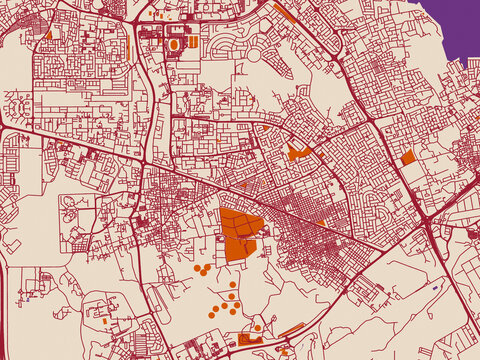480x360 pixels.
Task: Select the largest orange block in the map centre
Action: pyautogui.click(x=240, y=234)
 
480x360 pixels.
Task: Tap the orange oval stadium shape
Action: pyautogui.click(x=175, y=45)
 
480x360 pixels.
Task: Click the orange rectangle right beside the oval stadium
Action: pyautogui.click(x=192, y=43)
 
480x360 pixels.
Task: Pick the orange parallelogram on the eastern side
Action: pyautogui.click(x=408, y=157)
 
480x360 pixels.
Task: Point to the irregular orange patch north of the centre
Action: pyautogui.click(x=296, y=153)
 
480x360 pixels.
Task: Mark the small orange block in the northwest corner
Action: pyautogui.click(x=48, y=34)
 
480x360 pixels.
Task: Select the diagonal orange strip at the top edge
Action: pyautogui.click(x=284, y=12)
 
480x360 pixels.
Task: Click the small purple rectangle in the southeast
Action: pyautogui.click(x=437, y=288)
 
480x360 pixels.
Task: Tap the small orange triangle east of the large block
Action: pyautogui.click(x=320, y=221)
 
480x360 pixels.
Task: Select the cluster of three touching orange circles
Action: pyautogui.click(x=202, y=269)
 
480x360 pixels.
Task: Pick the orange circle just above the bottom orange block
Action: pyautogui.click(x=257, y=327)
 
